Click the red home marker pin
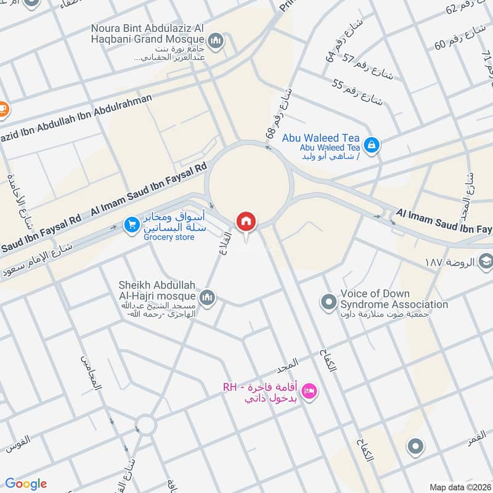(245, 222)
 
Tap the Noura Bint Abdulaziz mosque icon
(215, 42)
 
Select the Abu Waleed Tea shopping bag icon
(371, 145)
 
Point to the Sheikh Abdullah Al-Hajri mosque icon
(207, 298)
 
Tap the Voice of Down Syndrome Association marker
(328, 301)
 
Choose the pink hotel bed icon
(309, 390)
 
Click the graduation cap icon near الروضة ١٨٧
(485, 262)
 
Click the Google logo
(26, 484)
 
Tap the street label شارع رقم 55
(357, 92)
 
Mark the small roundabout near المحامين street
(146, 423)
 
